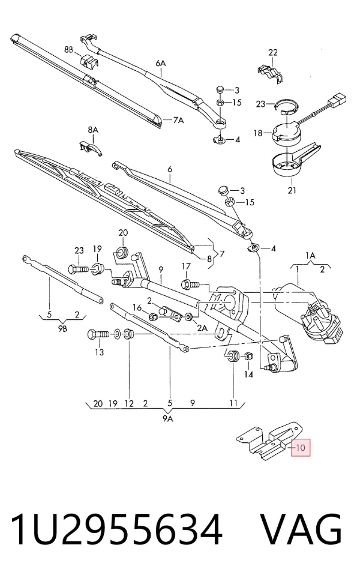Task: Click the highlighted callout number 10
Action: [x=301, y=448]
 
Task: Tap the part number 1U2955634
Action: [x=116, y=529]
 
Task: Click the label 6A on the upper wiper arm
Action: [x=161, y=64]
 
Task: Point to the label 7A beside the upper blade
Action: [x=178, y=120]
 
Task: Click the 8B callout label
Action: [x=69, y=49]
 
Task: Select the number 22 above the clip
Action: [x=272, y=53]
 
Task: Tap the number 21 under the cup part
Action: [x=292, y=191]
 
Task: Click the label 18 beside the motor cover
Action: [x=258, y=133]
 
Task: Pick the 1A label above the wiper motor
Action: [x=310, y=256]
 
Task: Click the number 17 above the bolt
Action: [x=186, y=266]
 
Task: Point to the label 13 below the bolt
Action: [x=100, y=352]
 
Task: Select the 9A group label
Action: [x=167, y=418]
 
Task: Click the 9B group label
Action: [x=62, y=329]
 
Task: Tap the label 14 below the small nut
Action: [x=249, y=375]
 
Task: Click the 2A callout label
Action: [x=202, y=328]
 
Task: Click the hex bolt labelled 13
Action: [x=98, y=335]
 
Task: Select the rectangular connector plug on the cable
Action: [x=338, y=100]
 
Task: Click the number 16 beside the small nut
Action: [x=137, y=307]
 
